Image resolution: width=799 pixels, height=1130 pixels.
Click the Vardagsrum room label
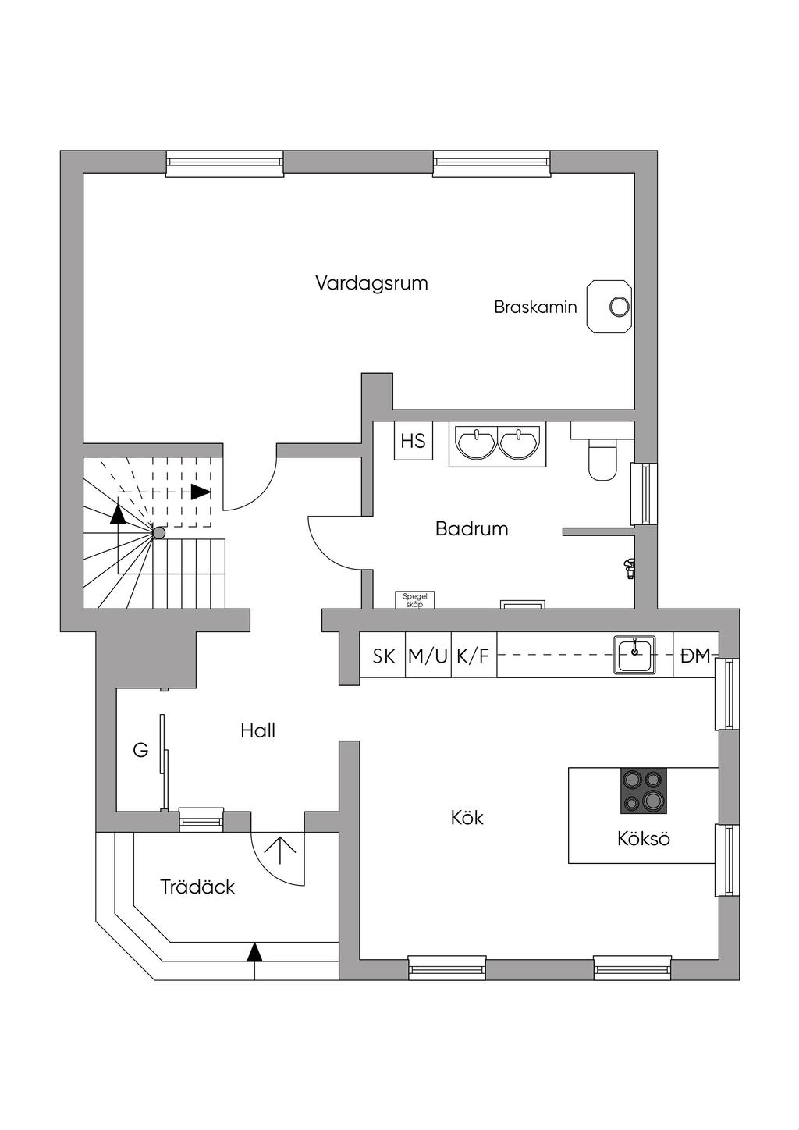tap(371, 283)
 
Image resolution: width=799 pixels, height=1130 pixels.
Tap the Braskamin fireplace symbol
tap(609, 307)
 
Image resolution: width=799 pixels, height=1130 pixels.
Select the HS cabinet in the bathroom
tap(413, 441)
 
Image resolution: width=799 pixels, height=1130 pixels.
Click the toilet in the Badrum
tap(602, 458)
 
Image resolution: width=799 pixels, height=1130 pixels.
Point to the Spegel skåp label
tap(414, 600)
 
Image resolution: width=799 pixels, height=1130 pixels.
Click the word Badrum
tap(471, 528)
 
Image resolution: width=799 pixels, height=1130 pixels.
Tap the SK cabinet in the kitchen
tap(383, 656)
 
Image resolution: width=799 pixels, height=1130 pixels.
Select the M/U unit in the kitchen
tap(428, 656)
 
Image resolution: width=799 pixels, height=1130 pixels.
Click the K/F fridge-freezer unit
tap(474, 656)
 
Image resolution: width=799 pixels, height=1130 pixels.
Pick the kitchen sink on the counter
tap(634, 655)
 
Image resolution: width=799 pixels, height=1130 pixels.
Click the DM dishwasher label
tap(695, 656)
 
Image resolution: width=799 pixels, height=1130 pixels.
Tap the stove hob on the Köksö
tap(643, 791)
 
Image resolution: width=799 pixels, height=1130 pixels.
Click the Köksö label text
tap(644, 838)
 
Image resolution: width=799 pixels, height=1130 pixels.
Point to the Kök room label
tap(467, 818)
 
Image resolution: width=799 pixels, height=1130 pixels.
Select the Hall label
tap(257, 731)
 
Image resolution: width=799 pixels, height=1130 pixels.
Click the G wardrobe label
tap(140, 751)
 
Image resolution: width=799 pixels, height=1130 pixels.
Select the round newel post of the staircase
tap(159, 533)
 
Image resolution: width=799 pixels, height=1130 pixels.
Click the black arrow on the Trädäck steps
tap(255, 953)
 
